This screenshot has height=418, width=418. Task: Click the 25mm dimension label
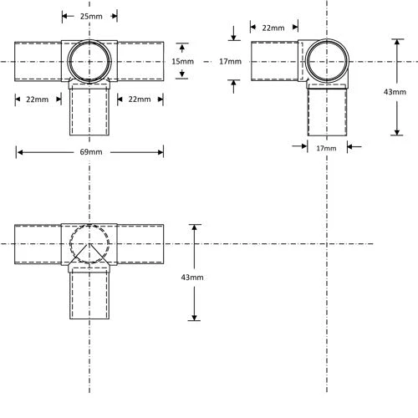(89, 16)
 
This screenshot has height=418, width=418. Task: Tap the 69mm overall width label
(89, 152)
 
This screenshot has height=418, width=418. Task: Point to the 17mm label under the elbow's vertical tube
(327, 147)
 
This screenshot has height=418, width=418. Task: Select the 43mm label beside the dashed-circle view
(192, 277)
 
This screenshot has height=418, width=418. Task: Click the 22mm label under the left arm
(38, 99)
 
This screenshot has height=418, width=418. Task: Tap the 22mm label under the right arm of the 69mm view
(139, 99)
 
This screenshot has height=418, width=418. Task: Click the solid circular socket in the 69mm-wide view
(89, 60)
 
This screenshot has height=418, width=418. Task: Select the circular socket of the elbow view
(327, 60)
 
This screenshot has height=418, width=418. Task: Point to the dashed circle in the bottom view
(89, 243)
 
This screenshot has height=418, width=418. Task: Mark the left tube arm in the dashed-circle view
(38, 243)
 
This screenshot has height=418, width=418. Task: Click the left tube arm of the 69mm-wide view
(38, 61)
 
